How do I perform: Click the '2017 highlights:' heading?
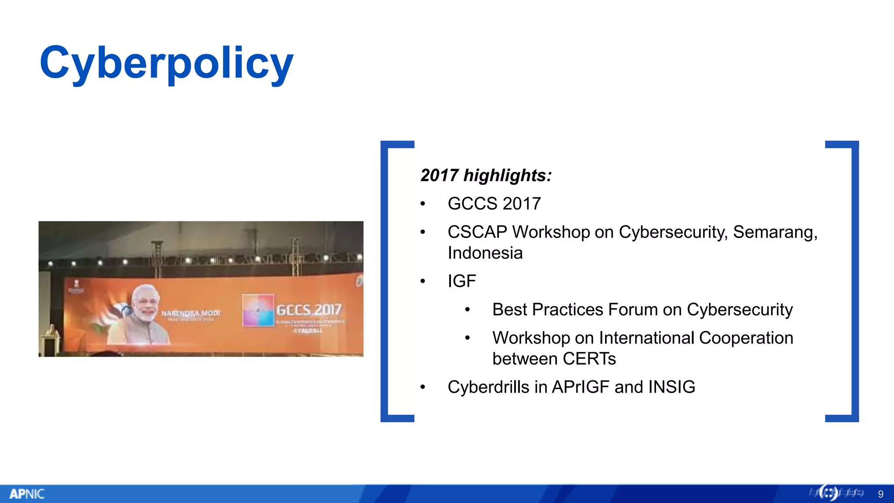pos(486,176)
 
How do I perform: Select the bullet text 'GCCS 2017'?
pos(494,204)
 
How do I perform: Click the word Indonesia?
pos(485,253)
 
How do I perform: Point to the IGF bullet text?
pos(461,281)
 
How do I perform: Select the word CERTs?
pos(589,359)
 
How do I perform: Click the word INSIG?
pos(671,387)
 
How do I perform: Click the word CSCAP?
pos(477,232)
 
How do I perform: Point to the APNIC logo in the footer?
pos(27,494)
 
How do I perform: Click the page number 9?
pos(880,494)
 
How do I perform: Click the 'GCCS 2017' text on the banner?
pos(309,310)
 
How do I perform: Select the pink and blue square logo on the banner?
pos(258,310)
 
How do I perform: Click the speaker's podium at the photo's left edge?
pos(49,343)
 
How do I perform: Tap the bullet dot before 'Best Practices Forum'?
pos(467,310)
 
